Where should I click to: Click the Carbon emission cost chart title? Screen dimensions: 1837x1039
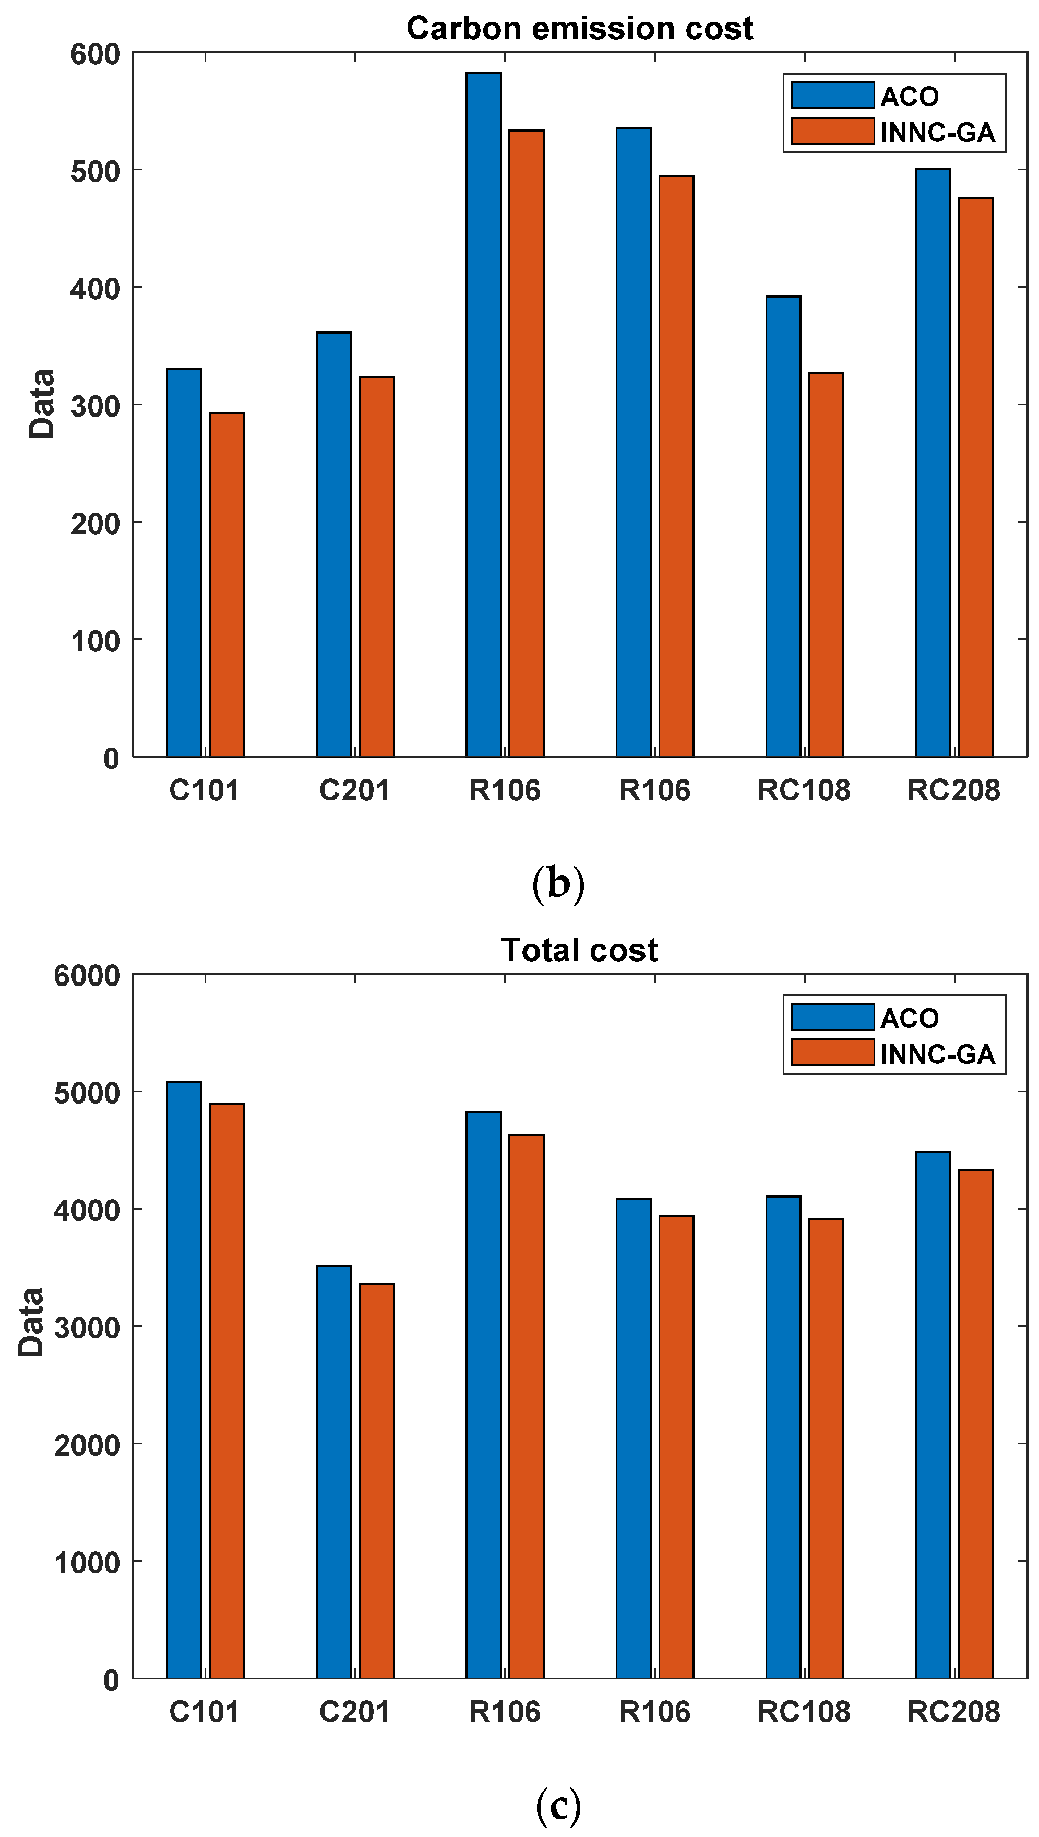coord(579,29)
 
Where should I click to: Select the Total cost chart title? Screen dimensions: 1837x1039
coord(579,950)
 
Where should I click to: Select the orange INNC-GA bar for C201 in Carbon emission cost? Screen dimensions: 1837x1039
coord(376,567)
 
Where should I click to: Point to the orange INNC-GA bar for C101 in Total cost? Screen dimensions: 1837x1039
coord(227,1391)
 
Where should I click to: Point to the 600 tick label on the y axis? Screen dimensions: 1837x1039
coord(95,54)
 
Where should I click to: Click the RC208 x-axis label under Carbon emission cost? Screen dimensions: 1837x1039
coord(953,790)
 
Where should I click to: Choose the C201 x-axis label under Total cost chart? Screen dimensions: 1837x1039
coord(355,1712)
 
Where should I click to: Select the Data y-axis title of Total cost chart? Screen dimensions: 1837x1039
coord(31,1322)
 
